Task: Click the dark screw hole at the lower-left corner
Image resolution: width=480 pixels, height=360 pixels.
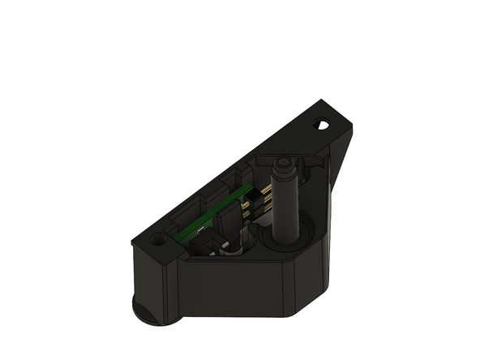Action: pos(156,241)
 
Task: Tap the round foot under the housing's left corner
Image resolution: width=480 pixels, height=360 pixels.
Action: pos(150,311)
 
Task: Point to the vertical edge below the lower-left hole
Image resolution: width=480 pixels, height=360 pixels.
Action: pos(167,288)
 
